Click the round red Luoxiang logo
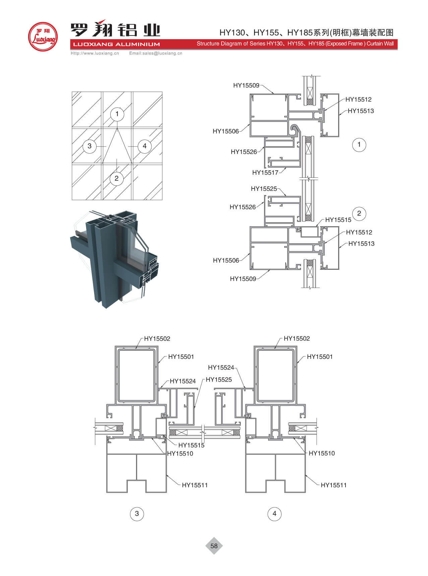[x=43, y=37]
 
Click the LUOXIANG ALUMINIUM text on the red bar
[x=116, y=44]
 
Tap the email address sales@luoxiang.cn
[x=156, y=53]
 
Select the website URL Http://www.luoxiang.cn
[x=95, y=53]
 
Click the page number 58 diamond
[x=214, y=546]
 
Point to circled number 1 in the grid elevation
[x=117, y=114]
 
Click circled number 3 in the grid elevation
[x=89, y=146]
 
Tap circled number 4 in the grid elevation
[x=144, y=146]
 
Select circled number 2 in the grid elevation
[x=116, y=178]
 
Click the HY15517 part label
[x=265, y=173]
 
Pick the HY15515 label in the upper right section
[x=338, y=220]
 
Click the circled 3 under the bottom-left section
[x=137, y=514]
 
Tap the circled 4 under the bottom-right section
[x=274, y=514]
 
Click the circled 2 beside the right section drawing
[x=359, y=214]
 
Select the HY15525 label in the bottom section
[x=219, y=380]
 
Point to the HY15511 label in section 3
[x=195, y=485]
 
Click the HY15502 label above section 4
[x=297, y=339]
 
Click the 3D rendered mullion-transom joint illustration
[x=114, y=258]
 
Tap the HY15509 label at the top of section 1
[x=246, y=85]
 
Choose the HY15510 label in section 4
[x=321, y=453]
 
